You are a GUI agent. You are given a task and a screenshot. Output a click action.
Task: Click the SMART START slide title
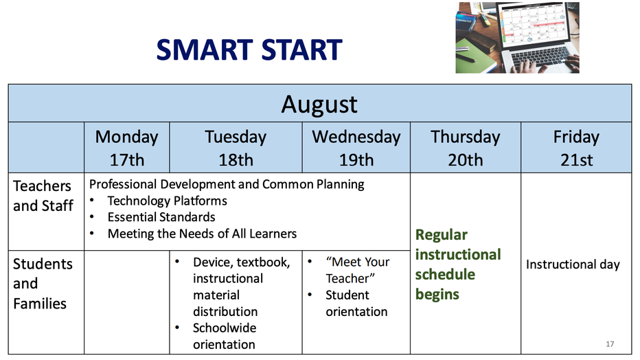[x=249, y=49]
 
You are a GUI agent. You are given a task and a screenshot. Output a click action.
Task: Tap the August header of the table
[x=319, y=104]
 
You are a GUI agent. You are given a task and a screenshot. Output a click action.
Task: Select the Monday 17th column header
[x=126, y=148]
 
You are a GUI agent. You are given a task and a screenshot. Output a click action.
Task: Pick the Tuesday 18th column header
[x=236, y=148]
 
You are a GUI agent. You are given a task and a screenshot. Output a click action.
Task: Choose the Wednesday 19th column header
[x=356, y=148]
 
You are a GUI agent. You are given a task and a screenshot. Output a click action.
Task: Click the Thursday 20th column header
[x=466, y=148]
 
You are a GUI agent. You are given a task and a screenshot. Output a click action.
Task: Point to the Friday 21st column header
[x=576, y=148]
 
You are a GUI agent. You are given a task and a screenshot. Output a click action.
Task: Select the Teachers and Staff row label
[x=43, y=196]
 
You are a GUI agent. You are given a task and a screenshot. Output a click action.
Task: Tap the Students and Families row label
[x=43, y=284]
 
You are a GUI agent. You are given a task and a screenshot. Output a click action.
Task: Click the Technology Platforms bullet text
[x=168, y=201]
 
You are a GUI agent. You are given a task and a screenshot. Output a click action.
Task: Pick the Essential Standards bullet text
[x=161, y=217]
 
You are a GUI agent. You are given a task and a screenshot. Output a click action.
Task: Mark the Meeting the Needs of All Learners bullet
[x=202, y=234]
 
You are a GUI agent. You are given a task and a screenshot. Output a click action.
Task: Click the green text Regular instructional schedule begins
[x=458, y=265]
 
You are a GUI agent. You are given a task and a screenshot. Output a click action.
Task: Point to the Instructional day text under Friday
[x=573, y=265]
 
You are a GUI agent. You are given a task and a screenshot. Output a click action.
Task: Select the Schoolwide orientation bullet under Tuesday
[x=225, y=337]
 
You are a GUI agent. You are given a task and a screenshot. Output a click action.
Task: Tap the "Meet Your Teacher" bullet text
[x=358, y=270]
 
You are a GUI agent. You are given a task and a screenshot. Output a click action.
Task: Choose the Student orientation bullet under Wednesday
[x=356, y=303]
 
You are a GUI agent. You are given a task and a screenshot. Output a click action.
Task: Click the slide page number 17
[x=610, y=344]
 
